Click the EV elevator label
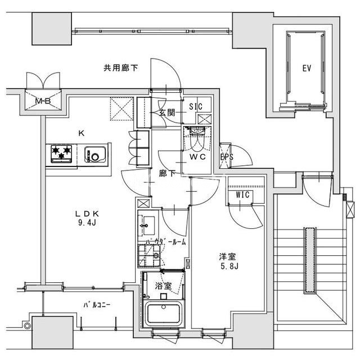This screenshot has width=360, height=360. (307, 68)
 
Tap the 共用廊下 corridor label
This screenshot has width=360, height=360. (121, 68)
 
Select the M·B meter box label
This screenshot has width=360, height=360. (43, 101)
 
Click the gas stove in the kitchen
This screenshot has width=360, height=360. (61, 154)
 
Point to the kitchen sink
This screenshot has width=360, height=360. (95, 154)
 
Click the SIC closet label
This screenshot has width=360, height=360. (196, 106)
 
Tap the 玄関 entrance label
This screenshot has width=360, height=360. (167, 112)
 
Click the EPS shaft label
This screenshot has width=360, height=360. (227, 157)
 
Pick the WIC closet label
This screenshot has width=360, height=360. (242, 195)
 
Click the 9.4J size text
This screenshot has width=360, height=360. (87, 223)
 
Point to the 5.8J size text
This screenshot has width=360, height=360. (229, 266)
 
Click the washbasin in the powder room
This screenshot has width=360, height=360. (146, 225)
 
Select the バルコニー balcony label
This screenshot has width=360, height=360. (97, 305)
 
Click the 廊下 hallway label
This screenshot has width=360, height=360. (167, 173)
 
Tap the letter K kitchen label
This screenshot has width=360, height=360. (81, 133)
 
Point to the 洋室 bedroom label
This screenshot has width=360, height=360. (227, 256)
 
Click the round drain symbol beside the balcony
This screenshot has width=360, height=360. (27, 325)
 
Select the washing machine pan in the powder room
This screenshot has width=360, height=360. (148, 255)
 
